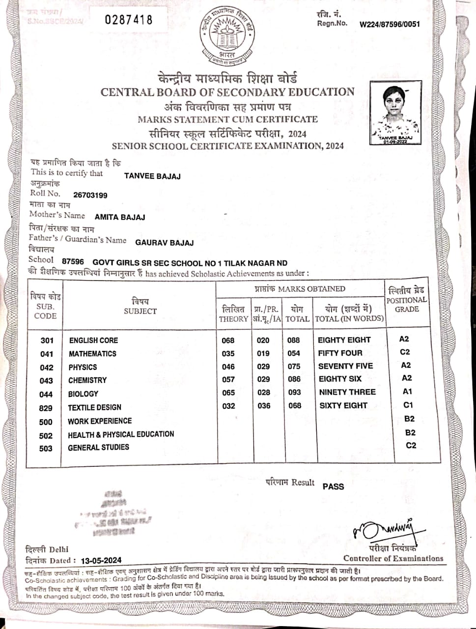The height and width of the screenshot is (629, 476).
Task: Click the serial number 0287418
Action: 129,20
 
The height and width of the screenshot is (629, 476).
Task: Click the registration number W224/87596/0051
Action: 390,24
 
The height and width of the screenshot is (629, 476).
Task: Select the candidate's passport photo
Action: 395,113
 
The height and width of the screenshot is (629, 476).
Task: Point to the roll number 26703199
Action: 90,195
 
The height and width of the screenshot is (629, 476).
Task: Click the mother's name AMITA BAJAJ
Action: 120,217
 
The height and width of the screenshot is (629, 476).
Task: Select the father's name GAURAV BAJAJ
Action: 164,242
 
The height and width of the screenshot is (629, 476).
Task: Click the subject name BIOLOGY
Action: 83,394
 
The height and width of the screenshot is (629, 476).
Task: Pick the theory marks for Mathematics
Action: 228,353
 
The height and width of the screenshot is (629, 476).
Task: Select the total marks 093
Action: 294,393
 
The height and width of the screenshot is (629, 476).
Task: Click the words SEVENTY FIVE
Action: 345,366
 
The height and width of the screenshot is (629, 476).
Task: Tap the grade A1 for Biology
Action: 407,392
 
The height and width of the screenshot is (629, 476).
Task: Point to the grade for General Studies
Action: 411,445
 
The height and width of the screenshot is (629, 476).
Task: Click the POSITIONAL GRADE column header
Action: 406,300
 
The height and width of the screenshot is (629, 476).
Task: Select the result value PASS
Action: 333,486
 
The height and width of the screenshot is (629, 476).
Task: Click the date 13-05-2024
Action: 101,560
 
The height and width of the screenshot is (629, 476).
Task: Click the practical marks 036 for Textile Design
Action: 264,406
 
